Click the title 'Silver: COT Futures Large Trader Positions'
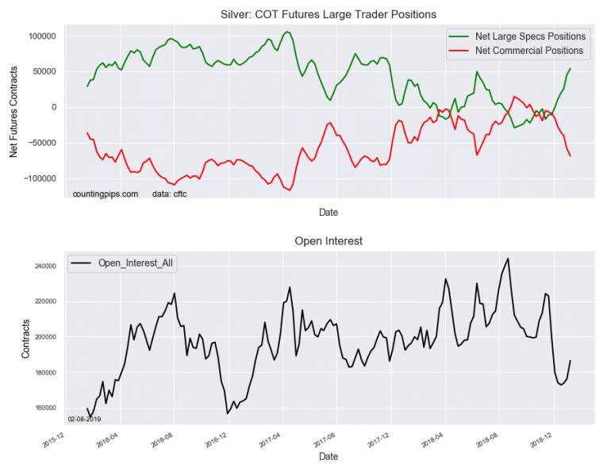[328, 14]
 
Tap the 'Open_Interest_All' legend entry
[136, 263]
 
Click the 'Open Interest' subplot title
[328, 240]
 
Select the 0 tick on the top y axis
[52, 107]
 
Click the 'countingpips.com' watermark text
[105, 194]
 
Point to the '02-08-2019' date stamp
[84, 419]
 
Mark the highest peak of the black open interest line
[508, 259]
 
